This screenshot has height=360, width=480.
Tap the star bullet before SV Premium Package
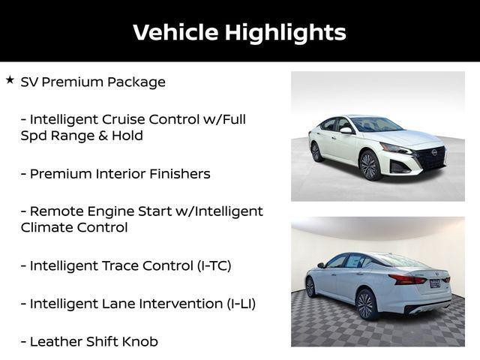click(10, 79)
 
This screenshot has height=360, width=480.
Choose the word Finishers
click(176, 173)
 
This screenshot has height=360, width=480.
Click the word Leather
click(55, 342)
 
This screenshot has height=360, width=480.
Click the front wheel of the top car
click(370, 164)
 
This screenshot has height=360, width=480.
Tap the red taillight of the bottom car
click(408, 280)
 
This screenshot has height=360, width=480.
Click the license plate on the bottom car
click(435, 283)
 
